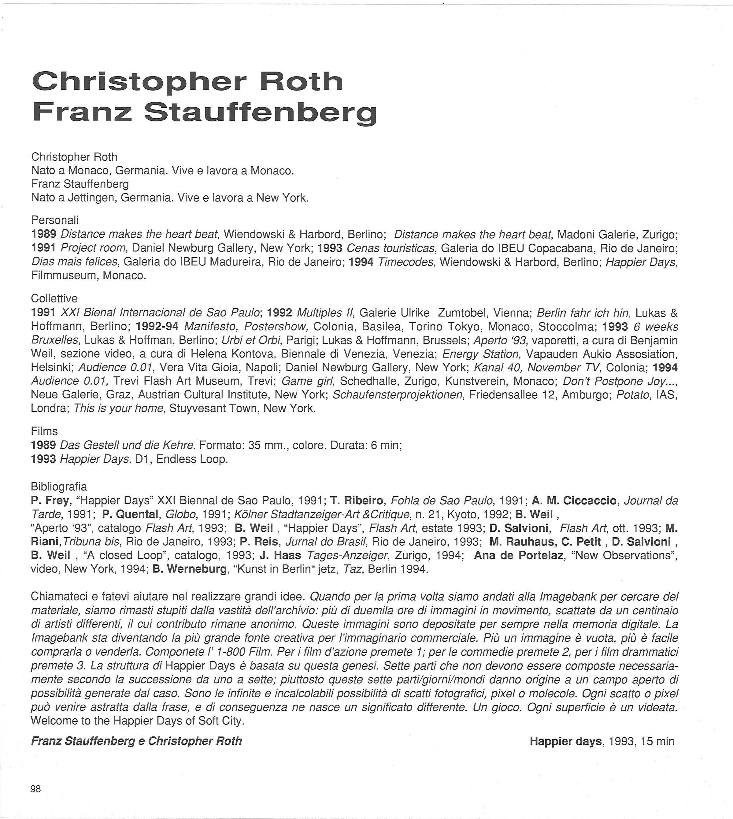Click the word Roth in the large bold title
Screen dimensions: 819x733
click(301, 81)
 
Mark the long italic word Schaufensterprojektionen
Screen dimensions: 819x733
click(398, 395)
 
